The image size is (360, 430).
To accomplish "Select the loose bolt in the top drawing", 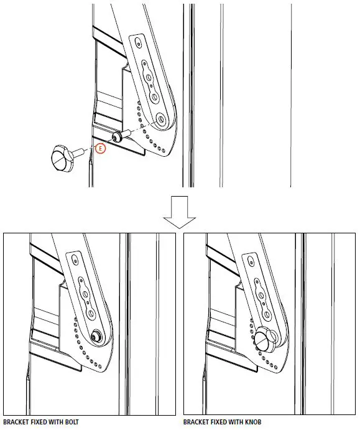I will pos(119,135).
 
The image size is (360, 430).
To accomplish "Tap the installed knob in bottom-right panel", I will pos(263,339).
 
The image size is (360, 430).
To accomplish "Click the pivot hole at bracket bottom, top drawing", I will pos(160,118).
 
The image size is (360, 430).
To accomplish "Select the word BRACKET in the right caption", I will pos(197,422).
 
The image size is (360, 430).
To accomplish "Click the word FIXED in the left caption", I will pos(42,422).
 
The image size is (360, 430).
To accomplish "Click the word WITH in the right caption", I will pos(238,422).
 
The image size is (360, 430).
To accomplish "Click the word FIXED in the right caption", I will pos(221,422).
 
